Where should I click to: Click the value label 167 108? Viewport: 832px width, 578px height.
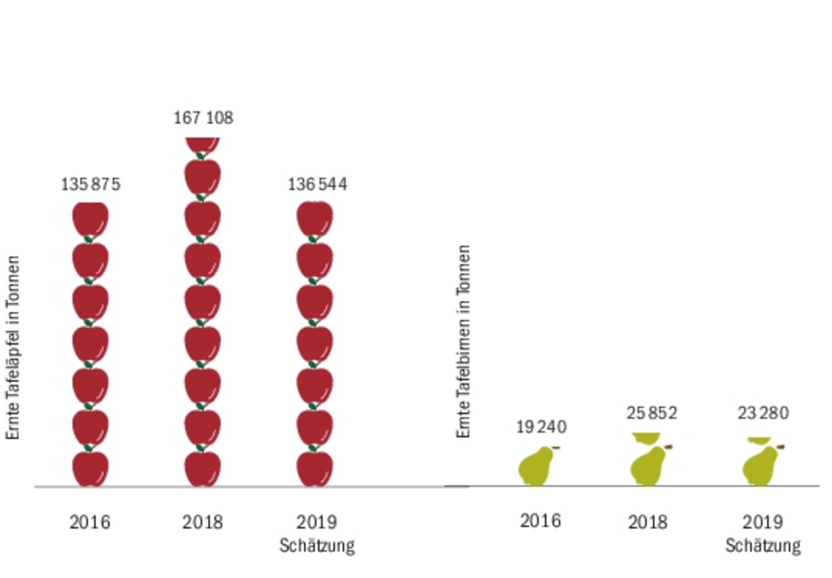tap(203, 118)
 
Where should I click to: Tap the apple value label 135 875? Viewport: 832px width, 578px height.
tap(90, 184)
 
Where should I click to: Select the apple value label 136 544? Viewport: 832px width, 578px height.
tap(317, 184)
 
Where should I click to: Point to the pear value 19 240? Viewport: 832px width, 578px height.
tap(541, 426)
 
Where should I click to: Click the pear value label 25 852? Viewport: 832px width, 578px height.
tap(651, 413)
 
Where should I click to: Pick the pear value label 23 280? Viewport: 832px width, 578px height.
tap(763, 413)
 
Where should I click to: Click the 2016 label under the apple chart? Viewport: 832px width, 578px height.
tap(90, 522)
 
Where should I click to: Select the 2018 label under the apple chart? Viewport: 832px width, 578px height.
tap(203, 522)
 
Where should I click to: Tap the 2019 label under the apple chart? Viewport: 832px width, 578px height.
tap(317, 522)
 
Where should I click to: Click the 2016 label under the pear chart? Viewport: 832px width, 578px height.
tap(540, 521)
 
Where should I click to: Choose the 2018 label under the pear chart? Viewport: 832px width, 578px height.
tap(648, 522)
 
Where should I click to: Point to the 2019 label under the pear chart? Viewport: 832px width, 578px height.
tap(763, 522)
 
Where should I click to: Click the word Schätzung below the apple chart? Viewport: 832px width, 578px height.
tap(317, 545)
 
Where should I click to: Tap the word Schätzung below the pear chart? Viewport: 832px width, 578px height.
tap(763, 545)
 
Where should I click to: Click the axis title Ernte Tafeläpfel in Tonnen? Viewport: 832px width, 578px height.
tap(13, 348)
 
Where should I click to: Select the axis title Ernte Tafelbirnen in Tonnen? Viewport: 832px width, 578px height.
tap(464, 342)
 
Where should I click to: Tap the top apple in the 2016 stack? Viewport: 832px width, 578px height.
tap(90, 220)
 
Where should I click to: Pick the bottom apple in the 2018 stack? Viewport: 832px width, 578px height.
tap(203, 469)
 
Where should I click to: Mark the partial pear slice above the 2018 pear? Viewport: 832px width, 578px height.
tap(647, 438)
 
